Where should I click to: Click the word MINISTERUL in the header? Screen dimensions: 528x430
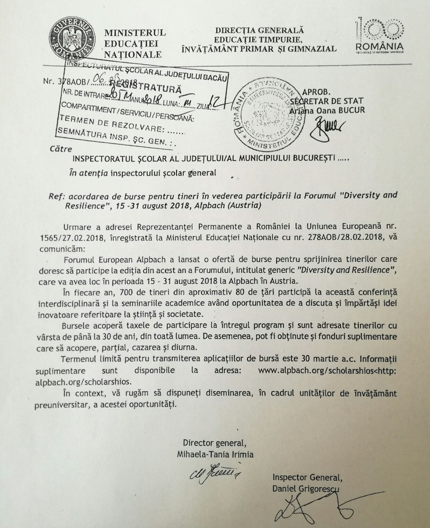click(135, 33)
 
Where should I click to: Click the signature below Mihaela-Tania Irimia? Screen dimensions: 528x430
click(215, 473)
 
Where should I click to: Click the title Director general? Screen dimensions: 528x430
click(214, 443)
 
